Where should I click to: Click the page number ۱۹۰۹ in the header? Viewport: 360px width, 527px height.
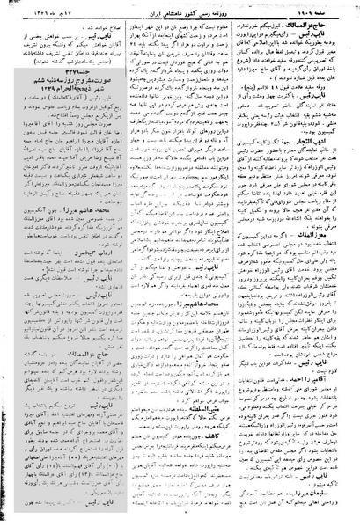(323, 7)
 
